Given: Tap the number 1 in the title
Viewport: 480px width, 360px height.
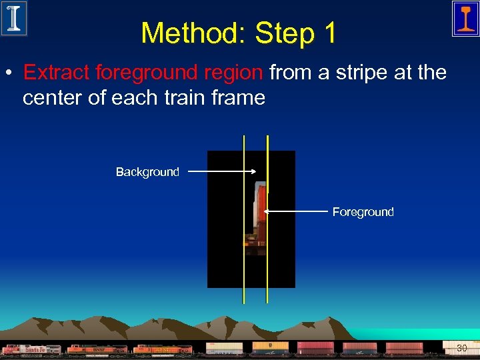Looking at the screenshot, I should (329, 33).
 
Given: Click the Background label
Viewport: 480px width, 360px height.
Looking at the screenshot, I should (147, 172).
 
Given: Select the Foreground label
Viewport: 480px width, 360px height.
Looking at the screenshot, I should (363, 212).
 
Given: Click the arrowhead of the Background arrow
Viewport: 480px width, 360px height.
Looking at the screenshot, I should (254, 171).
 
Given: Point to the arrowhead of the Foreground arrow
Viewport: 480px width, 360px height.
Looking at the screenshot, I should (266, 211).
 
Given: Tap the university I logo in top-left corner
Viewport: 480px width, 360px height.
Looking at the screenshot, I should (14, 18).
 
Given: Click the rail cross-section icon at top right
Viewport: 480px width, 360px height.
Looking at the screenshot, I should (465, 18).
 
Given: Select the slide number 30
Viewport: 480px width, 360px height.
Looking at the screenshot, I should (461, 348).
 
